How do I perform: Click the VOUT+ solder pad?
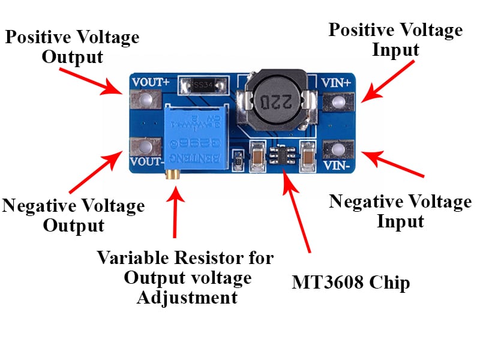pos(144,101)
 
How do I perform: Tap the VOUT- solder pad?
pos(144,146)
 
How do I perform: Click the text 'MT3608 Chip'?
pos(351,282)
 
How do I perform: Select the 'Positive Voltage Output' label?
pos(72,47)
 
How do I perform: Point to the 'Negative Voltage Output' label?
pos(73,215)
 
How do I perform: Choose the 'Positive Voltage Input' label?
pos(395,40)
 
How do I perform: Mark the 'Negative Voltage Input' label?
pos(400,211)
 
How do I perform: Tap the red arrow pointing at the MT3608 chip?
pos(298,210)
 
